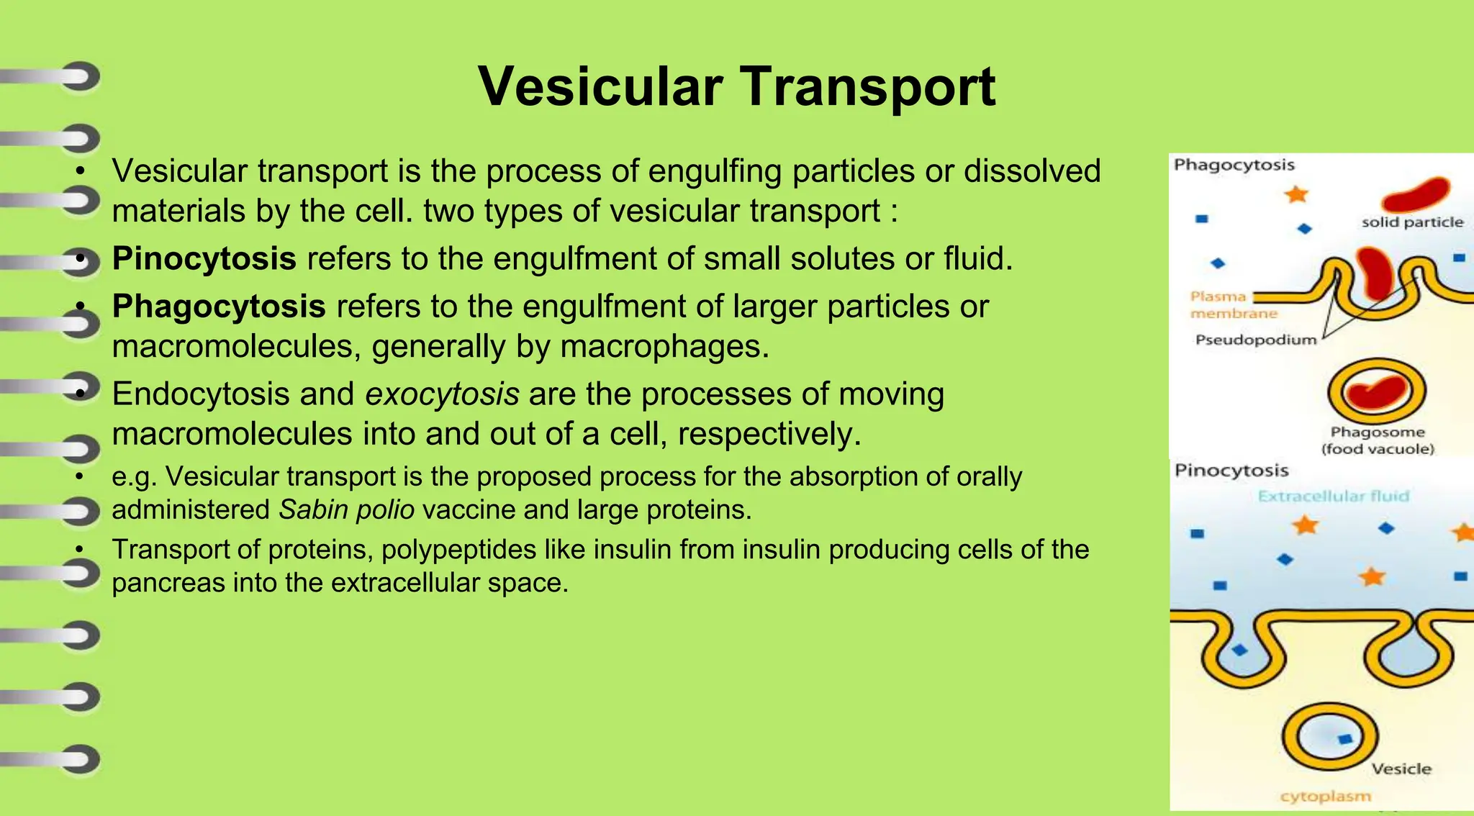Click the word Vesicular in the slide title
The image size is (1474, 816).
[x=600, y=87]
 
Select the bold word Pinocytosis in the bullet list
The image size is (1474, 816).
[x=204, y=258]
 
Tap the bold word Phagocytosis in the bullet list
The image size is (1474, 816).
[x=219, y=307]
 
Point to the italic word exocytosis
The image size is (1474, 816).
[x=442, y=394]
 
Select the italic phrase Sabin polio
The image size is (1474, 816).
[x=346, y=510]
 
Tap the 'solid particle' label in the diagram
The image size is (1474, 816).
[x=1411, y=222]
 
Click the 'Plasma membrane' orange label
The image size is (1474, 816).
[x=1232, y=305]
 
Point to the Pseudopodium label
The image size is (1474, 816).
[x=1255, y=340]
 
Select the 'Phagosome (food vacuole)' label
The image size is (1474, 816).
[x=1378, y=440]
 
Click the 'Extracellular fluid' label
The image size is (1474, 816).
[x=1333, y=496]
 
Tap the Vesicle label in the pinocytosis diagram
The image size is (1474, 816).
[x=1401, y=769]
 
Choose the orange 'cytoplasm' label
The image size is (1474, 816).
[x=1325, y=796]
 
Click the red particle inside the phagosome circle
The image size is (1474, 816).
[x=1375, y=393]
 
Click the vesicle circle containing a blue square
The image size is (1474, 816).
[x=1329, y=739]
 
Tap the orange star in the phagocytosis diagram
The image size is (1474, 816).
[x=1296, y=194]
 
